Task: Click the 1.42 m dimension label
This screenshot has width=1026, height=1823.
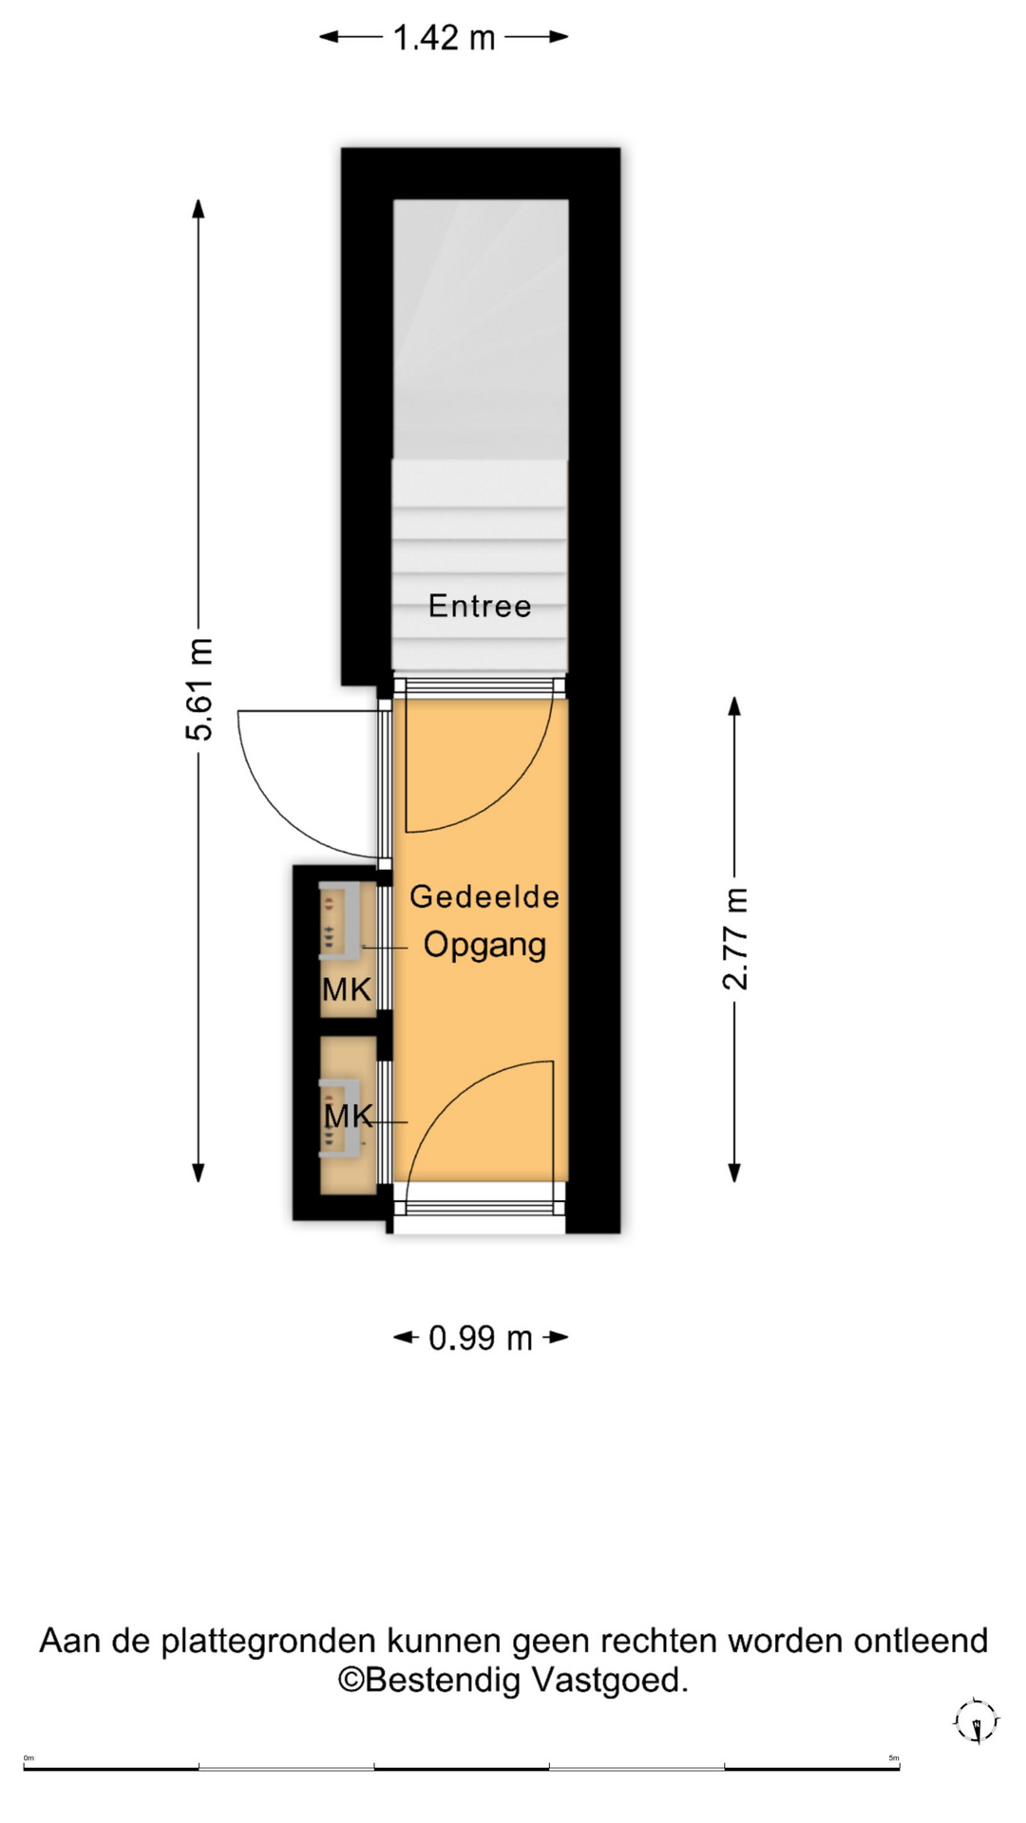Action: click(x=444, y=38)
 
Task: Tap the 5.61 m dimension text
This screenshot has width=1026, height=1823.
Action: click(x=199, y=689)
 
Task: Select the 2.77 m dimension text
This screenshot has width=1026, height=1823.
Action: click(x=735, y=939)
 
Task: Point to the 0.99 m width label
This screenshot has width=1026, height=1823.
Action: click(x=480, y=1338)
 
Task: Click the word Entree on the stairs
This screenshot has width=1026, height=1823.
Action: click(x=480, y=606)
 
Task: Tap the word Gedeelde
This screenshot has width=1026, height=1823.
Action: click(x=484, y=896)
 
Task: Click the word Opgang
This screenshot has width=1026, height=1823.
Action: click(x=484, y=945)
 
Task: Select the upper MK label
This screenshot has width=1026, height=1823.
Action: click(x=347, y=989)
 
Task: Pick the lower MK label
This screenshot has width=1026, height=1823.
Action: click(x=349, y=1116)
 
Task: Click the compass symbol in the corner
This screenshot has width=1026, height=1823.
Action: click(x=976, y=1721)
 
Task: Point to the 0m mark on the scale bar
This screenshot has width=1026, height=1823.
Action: click(x=28, y=1757)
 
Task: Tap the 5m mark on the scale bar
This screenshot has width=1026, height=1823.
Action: click(x=893, y=1757)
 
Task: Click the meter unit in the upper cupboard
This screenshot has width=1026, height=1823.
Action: click(x=340, y=919)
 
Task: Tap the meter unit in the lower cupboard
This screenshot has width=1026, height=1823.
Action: click(x=340, y=1118)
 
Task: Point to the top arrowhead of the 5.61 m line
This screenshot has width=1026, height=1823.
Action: click(x=199, y=209)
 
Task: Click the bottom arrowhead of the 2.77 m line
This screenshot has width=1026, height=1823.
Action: click(x=734, y=1172)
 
